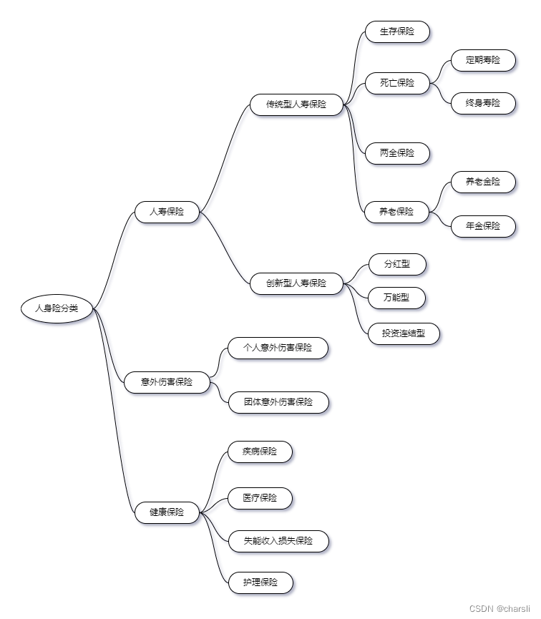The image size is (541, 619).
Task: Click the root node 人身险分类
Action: point(57,308)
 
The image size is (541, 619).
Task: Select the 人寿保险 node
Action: point(167,212)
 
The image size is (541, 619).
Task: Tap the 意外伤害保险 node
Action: point(167,382)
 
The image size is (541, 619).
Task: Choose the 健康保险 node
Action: point(167,512)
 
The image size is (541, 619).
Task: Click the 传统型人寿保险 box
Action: point(296,104)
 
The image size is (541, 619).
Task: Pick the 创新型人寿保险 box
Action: point(296,283)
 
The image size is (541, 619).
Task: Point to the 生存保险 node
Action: point(397,31)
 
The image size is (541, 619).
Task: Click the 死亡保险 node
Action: point(397,82)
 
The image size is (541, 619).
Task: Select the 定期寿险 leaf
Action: point(483,60)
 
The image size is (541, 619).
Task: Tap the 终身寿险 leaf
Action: point(483,103)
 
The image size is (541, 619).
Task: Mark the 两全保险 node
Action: point(397,153)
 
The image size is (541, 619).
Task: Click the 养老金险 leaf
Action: point(483,182)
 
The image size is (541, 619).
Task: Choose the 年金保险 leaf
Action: point(483,226)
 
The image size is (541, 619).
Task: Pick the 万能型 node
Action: point(396,297)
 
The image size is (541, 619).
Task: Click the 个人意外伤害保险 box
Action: point(278,348)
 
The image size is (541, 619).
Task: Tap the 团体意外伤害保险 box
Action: point(278,402)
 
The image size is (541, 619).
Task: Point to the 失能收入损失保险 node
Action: point(278,541)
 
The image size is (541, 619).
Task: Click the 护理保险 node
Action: point(260,583)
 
